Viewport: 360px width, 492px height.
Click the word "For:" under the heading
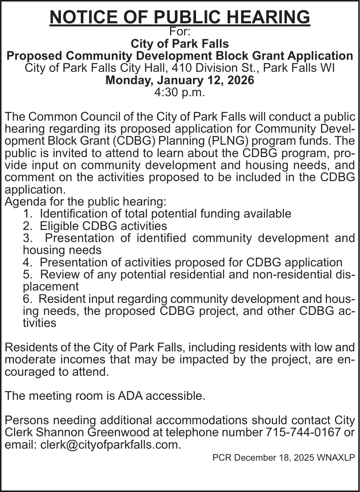pyautogui.click(x=180, y=32)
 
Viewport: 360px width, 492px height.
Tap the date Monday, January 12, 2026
pyautogui.click(x=180, y=80)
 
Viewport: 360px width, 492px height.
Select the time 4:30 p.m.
pyautogui.click(x=180, y=92)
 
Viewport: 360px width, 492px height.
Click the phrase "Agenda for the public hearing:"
pyautogui.click(x=85, y=202)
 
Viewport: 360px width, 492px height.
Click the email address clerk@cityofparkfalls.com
pyautogui.click(x=110, y=445)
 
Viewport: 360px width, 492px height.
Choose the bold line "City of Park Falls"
pyautogui.click(x=180, y=44)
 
